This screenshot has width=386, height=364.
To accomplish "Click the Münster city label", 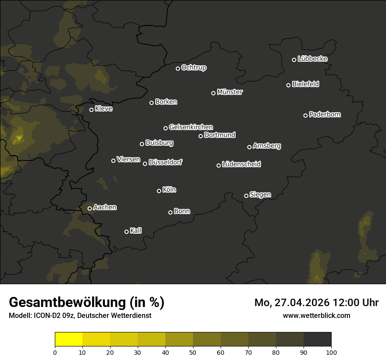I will pos(229,92).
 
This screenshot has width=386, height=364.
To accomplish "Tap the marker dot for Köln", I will pos(159,191).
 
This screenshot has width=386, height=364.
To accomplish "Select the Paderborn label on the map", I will pos(325,114).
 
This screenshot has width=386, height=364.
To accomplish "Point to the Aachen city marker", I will pos(89,208).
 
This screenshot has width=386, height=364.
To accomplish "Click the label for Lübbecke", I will pos(312,59).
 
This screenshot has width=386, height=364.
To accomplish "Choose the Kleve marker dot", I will pos(91,110).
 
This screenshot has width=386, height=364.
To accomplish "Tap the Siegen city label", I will pos(260,195).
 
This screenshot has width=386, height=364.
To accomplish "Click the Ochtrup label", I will pos(193,68).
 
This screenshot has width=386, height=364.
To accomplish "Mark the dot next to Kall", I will pos(126,232).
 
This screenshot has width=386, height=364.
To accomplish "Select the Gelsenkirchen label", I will pos(191,127).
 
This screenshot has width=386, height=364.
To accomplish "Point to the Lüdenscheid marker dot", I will pos(218,165).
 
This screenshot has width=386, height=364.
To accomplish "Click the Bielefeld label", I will pos(305,84).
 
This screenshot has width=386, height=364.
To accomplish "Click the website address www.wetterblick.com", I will pos(316,315).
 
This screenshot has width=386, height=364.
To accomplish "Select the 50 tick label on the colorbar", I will pos(193,352).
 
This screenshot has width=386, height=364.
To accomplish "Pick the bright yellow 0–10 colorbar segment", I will pos(68,339).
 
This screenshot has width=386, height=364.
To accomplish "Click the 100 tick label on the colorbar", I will pos(331,352).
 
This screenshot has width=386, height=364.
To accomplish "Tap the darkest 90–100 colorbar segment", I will pos(317,339).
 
